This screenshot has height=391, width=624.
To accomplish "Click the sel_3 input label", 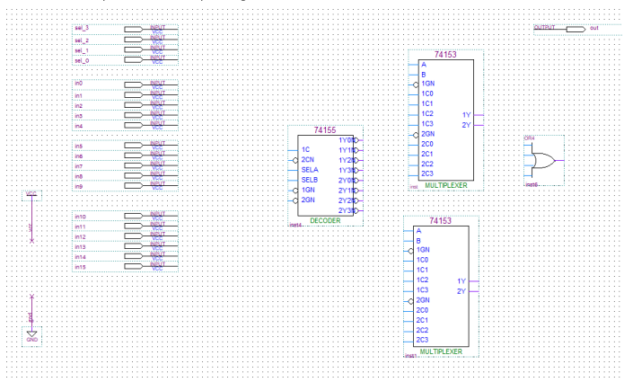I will tap(82, 29).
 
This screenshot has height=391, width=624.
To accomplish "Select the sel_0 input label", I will tap(82, 60).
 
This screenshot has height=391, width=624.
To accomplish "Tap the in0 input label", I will tap(79, 84).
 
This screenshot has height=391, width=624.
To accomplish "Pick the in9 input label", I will tap(79, 186).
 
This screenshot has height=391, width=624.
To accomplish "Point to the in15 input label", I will tap(81, 266).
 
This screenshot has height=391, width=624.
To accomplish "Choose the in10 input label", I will tap(81, 217).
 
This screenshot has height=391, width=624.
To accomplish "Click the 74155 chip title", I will tap(324, 131).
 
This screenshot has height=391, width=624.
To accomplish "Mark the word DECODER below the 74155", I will tap(325, 220).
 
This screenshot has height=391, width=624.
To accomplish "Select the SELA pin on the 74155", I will tap(310, 169).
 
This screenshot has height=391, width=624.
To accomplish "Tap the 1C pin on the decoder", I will tap(306, 148).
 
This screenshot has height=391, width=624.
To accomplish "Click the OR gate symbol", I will tap(542, 161).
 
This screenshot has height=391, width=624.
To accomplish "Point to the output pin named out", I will tap(593, 29).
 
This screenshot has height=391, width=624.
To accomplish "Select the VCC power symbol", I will tap(31, 193).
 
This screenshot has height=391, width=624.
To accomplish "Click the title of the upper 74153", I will tap(445, 55).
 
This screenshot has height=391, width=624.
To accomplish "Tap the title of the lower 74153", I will tap(441, 220).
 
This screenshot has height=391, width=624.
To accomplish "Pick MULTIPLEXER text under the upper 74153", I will tap(446, 183).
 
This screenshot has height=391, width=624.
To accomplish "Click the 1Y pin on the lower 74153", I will tap(461, 281).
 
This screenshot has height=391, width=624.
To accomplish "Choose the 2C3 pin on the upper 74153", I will tap(427, 173).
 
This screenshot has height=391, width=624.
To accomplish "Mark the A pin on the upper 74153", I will tap(423, 65).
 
